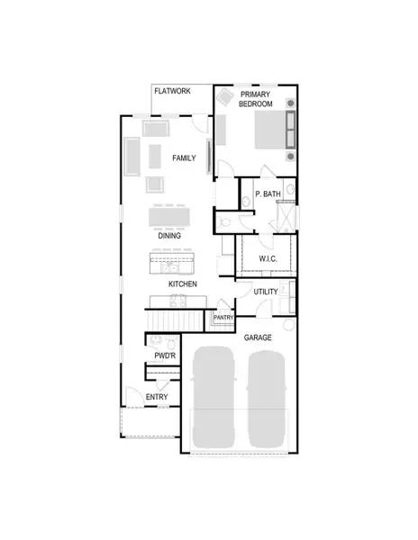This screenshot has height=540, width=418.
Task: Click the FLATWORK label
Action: coord(172,92)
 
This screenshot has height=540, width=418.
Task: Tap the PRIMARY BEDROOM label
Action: coord(255,98)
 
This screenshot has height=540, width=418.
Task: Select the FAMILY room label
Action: coord(185,158)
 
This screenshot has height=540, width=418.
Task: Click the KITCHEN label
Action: coord(183,284)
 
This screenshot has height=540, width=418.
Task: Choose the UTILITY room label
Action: coord(265,292)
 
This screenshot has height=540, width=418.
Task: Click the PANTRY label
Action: coord(223,317)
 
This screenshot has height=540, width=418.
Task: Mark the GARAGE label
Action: coord(258,337)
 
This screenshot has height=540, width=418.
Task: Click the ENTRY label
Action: coord(157,397)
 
